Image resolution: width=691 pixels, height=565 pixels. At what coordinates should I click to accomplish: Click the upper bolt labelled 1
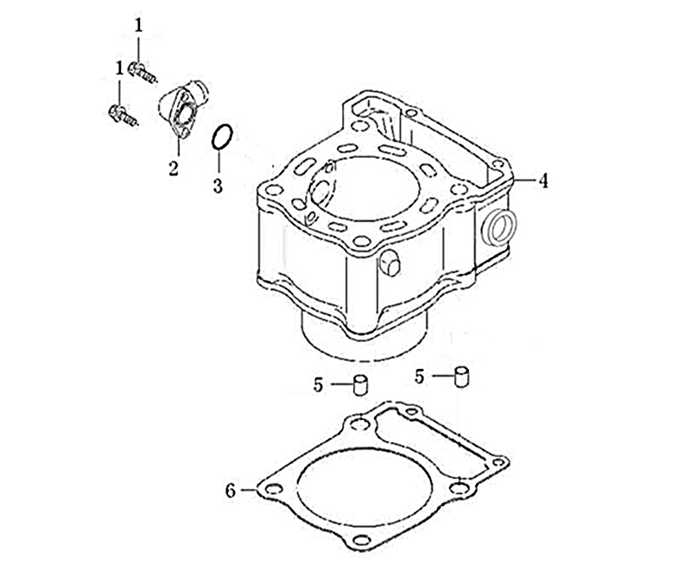click(142, 73)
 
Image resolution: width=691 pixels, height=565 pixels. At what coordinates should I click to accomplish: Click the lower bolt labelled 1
click(123, 115)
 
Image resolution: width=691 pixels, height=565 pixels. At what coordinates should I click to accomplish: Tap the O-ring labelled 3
click(222, 137)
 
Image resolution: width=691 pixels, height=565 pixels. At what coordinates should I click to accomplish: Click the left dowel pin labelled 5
click(360, 384)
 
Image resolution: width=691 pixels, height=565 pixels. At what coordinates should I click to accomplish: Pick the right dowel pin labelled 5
click(461, 377)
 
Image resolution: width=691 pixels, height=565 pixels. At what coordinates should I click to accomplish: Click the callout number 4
click(544, 181)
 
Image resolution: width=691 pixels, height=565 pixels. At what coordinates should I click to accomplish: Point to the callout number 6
click(231, 491)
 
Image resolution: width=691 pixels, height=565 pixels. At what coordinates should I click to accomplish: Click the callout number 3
click(218, 186)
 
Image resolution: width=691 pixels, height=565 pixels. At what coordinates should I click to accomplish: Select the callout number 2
click(174, 168)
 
